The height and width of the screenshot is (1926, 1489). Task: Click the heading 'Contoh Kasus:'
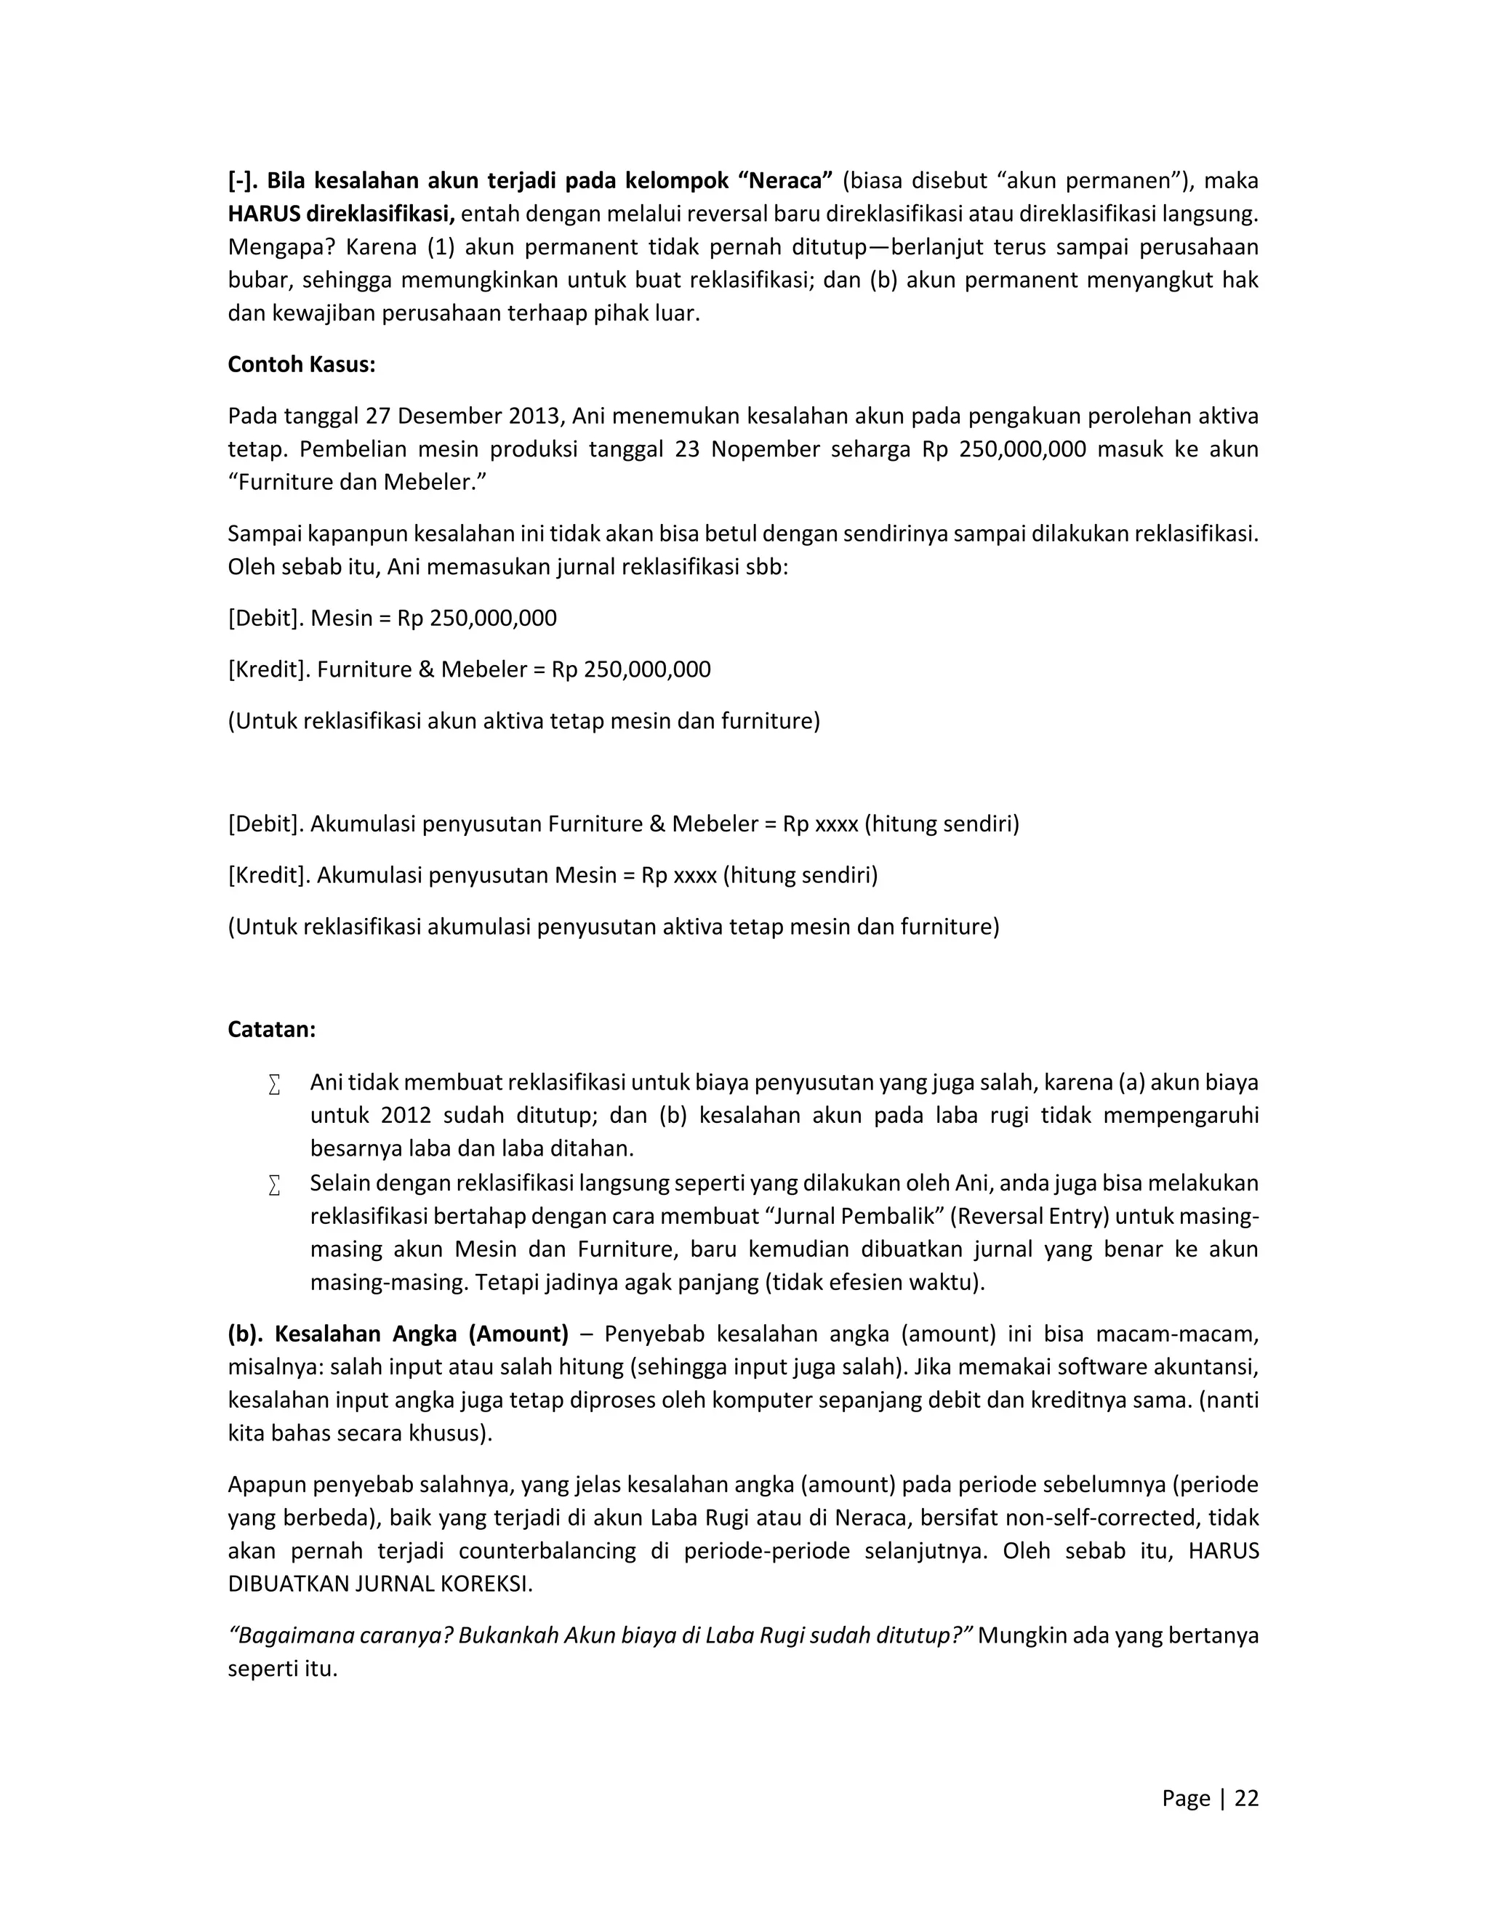(x=301, y=364)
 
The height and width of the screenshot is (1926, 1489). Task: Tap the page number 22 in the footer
(x=1245, y=1798)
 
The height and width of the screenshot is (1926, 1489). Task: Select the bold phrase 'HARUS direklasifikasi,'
(x=342, y=214)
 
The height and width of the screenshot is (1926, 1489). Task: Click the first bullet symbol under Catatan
(x=274, y=1084)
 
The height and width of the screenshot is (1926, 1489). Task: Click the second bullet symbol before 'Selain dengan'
(x=274, y=1185)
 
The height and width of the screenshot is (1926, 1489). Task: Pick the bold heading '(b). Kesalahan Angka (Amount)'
(x=398, y=1334)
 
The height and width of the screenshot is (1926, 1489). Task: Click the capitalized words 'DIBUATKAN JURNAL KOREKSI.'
(x=380, y=1584)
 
